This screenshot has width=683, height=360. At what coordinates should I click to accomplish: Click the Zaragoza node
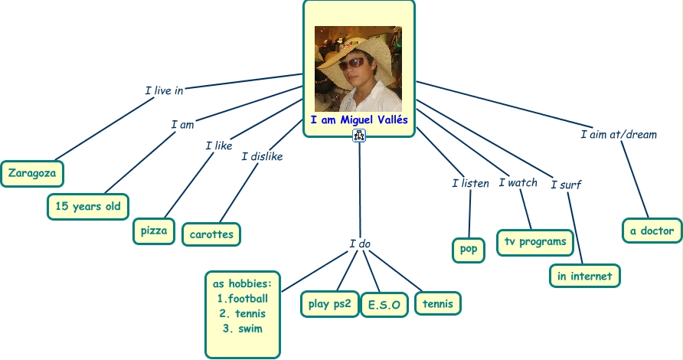tap(32, 173)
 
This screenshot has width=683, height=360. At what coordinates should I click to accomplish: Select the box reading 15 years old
tap(87, 206)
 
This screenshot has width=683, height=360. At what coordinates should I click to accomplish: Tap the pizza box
tap(154, 231)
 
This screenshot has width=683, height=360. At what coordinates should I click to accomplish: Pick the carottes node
tap(211, 234)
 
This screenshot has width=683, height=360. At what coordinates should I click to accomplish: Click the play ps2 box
tap(329, 303)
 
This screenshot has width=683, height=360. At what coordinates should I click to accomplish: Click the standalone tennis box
tap(438, 303)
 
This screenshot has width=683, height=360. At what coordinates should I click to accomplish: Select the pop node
tap(468, 249)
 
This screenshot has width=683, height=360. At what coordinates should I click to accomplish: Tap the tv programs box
tap(535, 242)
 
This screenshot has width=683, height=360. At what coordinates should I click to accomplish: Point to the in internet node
tap(584, 275)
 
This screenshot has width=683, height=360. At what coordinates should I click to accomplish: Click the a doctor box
tap(652, 230)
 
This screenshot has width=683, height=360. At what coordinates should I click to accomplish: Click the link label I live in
tap(164, 90)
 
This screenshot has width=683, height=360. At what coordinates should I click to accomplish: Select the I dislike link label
tap(262, 156)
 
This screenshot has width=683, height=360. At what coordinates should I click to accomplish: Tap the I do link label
tap(360, 244)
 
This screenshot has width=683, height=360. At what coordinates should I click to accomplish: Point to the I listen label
tap(470, 183)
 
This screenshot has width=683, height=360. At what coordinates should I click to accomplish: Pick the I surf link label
tap(566, 184)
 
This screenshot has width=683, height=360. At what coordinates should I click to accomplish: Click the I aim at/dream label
tap(619, 134)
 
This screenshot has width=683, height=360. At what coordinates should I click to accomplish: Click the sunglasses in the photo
tap(353, 64)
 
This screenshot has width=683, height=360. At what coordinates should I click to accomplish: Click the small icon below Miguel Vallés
tap(359, 136)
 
